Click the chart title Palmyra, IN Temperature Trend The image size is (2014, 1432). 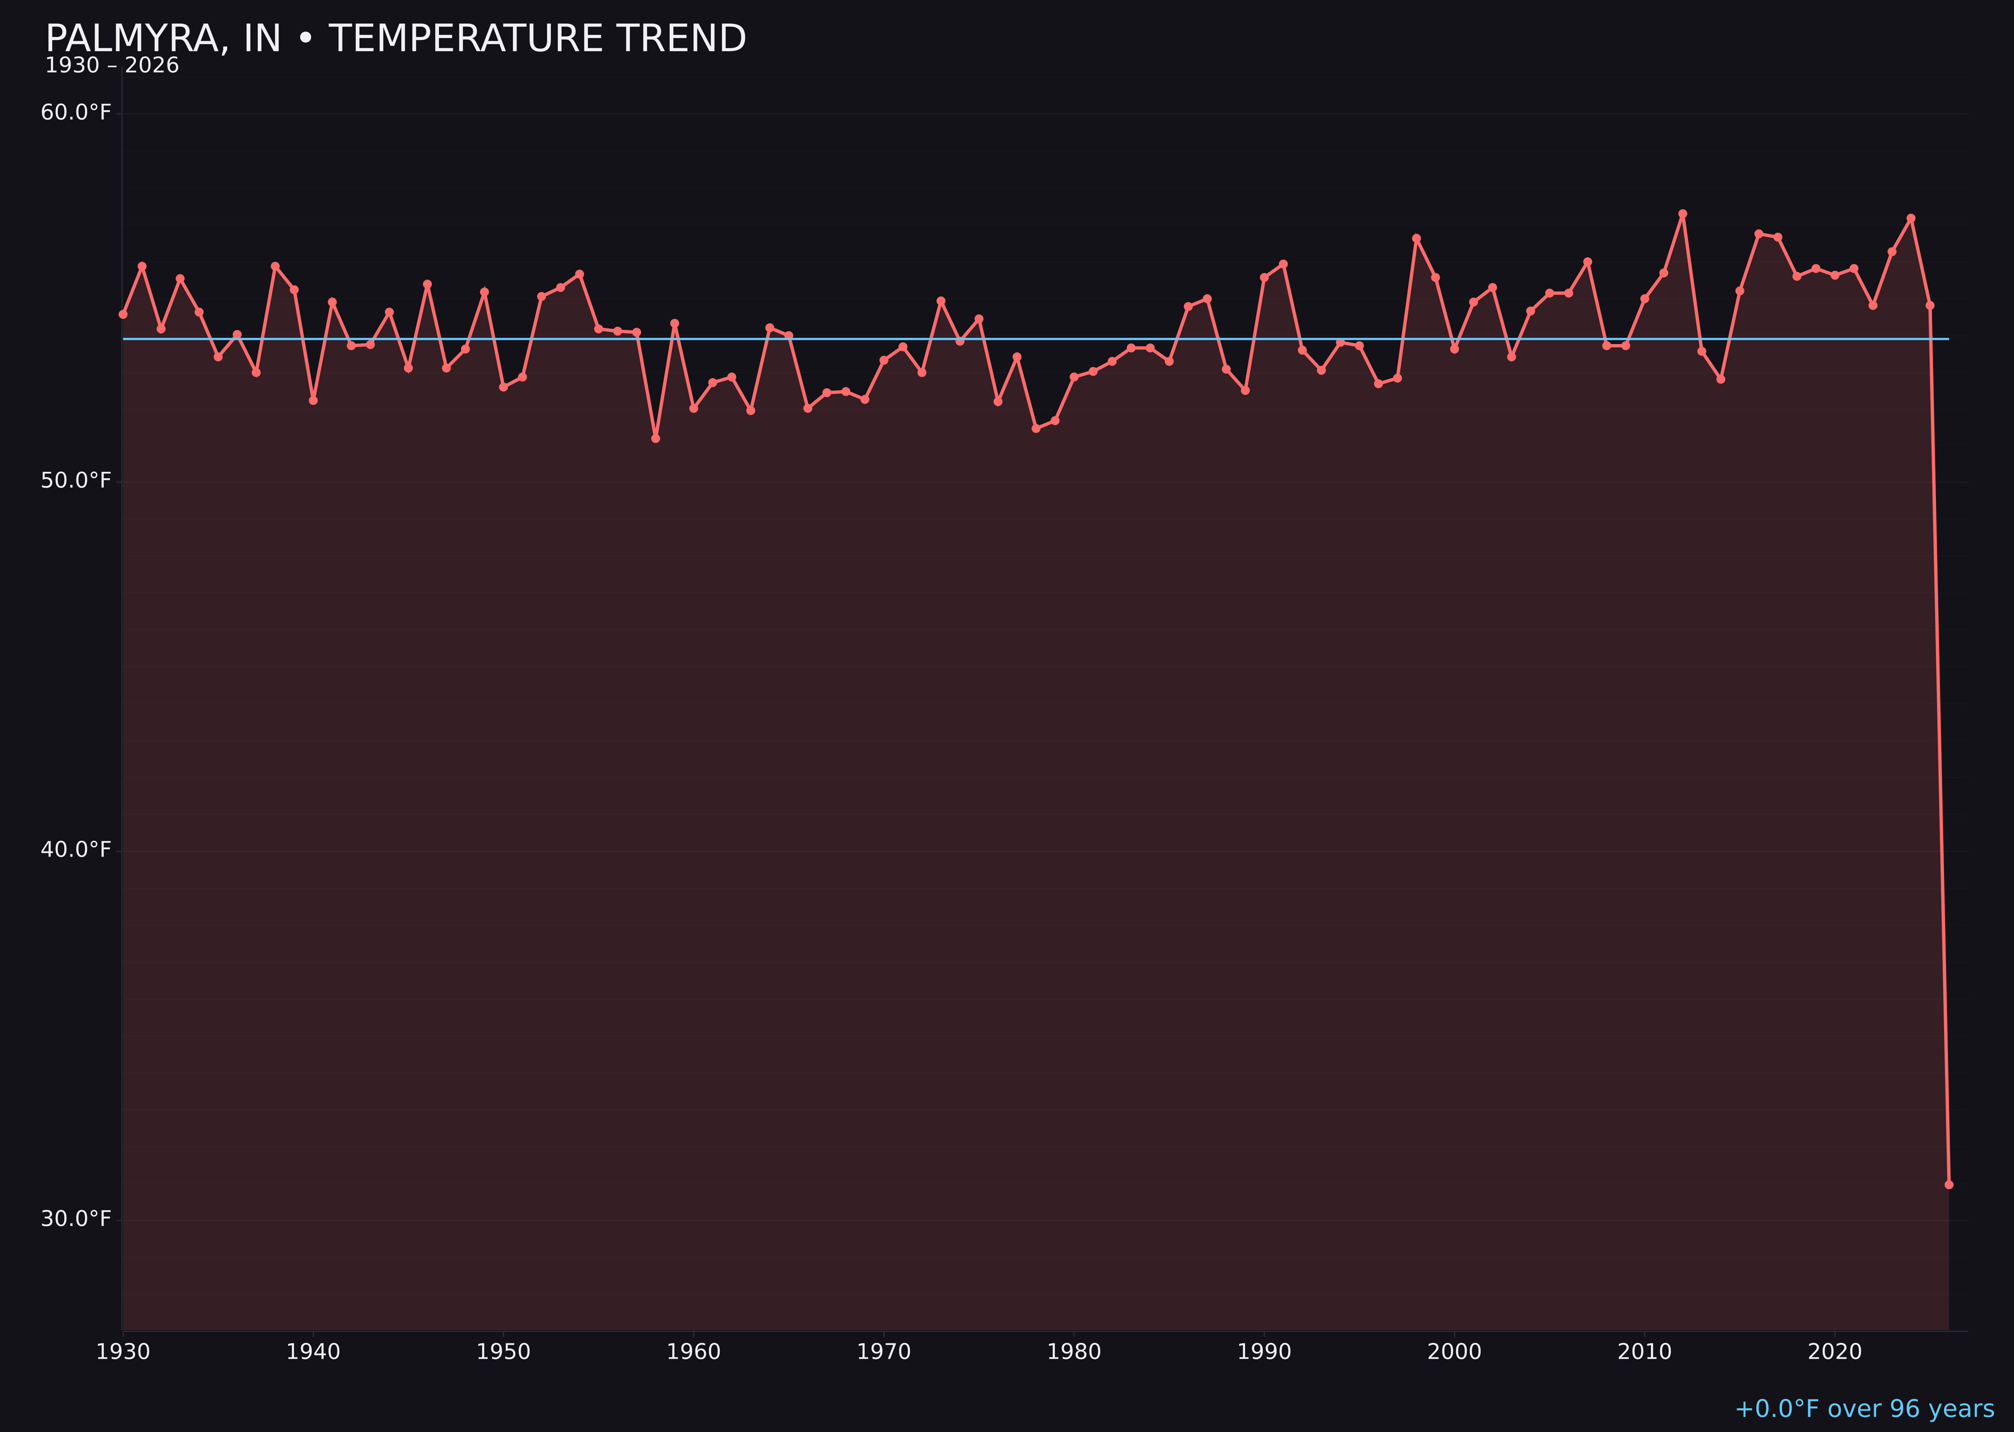(x=395, y=39)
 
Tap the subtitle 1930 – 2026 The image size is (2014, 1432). (x=112, y=66)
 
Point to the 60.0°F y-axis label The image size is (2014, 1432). (x=76, y=113)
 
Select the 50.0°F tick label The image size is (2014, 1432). (x=76, y=480)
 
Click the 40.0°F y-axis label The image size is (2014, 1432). (x=76, y=849)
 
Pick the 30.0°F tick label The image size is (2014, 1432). (x=76, y=1219)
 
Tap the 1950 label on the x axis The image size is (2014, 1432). (x=503, y=1352)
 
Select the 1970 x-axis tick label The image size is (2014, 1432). (x=884, y=1352)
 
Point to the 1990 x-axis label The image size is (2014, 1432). (x=1264, y=1352)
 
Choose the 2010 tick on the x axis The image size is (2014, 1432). (x=1644, y=1352)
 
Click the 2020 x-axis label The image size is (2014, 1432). (x=1834, y=1352)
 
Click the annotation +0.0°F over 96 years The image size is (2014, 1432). (x=1864, y=1409)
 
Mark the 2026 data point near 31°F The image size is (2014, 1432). (x=1949, y=1184)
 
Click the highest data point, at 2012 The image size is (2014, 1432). (x=1683, y=213)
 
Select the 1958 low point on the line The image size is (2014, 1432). (x=655, y=438)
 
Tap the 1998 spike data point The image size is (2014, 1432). (x=1416, y=238)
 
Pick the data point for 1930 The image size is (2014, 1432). (x=122, y=314)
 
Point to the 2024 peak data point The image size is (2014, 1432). (x=1911, y=218)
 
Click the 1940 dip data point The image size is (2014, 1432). (x=313, y=400)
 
